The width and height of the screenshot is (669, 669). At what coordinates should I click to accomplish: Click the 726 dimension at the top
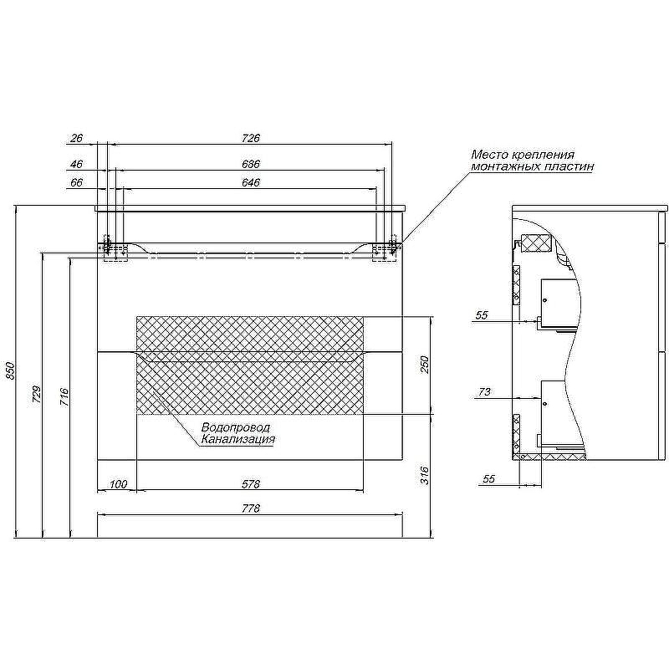click(x=251, y=138)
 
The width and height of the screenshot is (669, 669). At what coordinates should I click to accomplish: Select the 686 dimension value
click(x=251, y=164)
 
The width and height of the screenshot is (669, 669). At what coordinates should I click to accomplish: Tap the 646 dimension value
click(x=251, y=182)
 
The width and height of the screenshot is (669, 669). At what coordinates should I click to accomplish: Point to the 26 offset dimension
click(x=76, y=138)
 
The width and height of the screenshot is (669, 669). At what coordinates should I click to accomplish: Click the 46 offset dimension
click(x=76, y=164)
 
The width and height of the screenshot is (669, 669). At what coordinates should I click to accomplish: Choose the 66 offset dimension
click(x=76, y=182)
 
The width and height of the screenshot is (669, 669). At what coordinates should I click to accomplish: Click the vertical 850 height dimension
click(x=11, y=370)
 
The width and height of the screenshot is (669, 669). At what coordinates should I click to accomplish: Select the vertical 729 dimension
click(x=37, y=395)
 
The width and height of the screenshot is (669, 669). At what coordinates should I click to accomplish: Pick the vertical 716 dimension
click(x=64, y=396)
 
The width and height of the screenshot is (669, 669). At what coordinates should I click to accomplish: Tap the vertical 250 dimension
click(x=425, y=365)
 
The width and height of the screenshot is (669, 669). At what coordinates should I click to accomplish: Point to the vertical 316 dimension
click(x=425, y=475)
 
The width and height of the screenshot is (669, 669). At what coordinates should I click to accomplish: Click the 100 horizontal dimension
click(x=118, y=484)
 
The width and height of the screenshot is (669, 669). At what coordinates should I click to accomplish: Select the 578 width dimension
click(x=251, y=484)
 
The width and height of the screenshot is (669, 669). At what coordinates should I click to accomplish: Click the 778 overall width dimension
click(x=251, y=508)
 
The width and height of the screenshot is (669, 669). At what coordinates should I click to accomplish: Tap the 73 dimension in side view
click(x=485, y=391)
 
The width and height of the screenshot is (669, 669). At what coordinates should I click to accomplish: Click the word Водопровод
click(x=236, y=427)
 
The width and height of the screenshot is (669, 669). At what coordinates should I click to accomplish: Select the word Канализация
click(x=238, y=439)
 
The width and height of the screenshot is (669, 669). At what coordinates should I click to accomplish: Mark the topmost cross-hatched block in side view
click(x=536, y=243)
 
